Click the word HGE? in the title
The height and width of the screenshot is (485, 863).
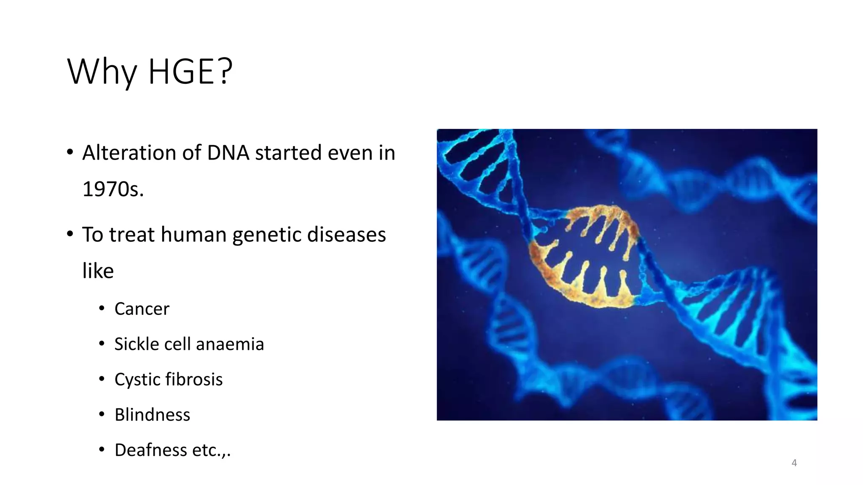pos(190,72)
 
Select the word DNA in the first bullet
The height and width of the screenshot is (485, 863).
pos(228,152)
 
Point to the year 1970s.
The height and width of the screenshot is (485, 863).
pos(113,189)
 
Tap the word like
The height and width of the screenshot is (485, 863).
pos(98,271)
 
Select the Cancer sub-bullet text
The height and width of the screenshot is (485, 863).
pos(142,309)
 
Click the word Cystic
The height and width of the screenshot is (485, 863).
pos(137,379)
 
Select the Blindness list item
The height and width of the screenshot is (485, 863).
pos(152,415)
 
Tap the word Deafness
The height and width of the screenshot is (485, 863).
pos(151,450)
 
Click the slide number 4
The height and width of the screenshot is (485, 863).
pos(794,463)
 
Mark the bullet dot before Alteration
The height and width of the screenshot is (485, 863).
pos(70,152)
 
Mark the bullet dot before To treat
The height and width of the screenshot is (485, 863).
pos(70,234)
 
